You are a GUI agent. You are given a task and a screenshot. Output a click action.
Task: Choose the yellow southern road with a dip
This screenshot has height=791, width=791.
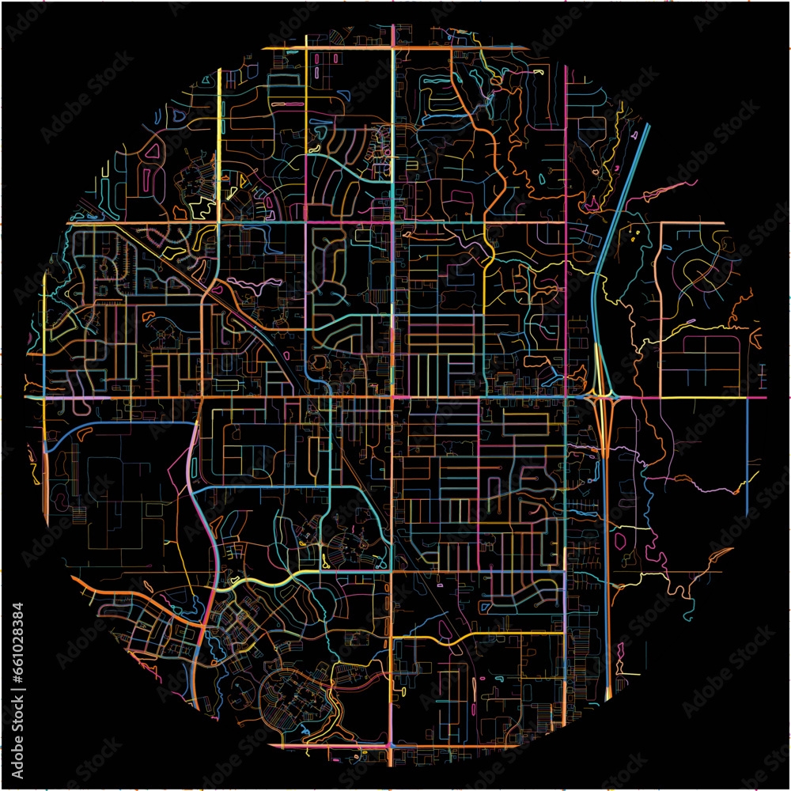(475, 636)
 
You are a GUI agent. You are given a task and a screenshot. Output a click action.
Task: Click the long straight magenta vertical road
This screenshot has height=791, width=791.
(566, 237)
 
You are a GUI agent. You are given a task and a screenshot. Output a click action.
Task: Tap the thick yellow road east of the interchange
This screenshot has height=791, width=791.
(696, 397)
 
